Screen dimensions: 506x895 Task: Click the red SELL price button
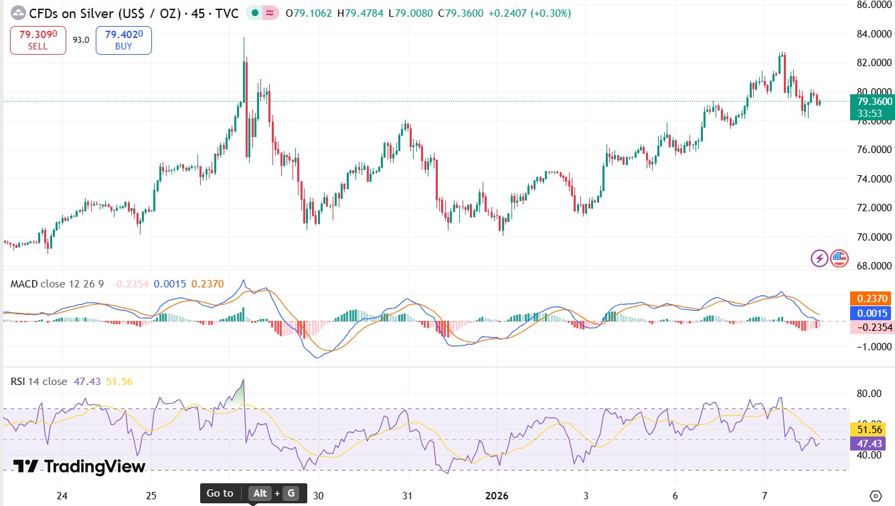pos(38,40)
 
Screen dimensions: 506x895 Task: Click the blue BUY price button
pos(123,40)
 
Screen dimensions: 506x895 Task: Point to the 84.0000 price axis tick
pos(874,33)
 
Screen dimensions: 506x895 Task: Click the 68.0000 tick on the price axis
pos(874,266)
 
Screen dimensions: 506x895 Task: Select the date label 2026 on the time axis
pos(497,495)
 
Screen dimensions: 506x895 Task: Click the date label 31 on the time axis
pos(407,495)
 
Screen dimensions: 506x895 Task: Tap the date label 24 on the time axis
pos(62,495)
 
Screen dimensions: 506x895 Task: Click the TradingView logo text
pos(79,466)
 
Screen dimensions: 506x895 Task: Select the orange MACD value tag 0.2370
pos(872,299)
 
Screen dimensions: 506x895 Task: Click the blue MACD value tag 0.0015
pos(872,313)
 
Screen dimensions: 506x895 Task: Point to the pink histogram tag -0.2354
pos(872,327)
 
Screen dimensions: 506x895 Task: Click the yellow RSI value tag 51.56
pos(872,429)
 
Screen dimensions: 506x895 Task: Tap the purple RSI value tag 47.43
pos(872,443)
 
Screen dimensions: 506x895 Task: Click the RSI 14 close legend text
pos(39,381)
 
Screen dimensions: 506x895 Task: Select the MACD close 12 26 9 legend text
pos(57,284)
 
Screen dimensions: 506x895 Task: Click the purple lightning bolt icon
pos(819,258)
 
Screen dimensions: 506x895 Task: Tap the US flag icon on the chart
pos(839,258)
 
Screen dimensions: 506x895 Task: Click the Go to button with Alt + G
pos(253,493)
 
